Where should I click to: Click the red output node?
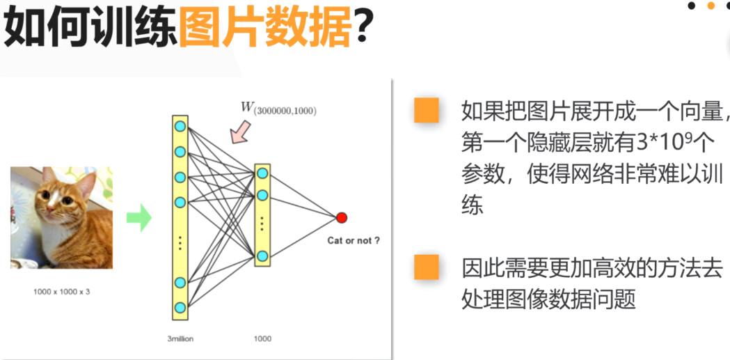click(x=341, y=218)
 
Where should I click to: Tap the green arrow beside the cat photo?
click(x=138, y=217)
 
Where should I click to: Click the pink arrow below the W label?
click(x=241, y=131)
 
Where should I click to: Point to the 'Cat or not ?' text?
click(x=354, y=241)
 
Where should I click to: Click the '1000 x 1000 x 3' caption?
click(x=61, y=291)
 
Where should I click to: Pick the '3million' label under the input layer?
click(x=180, y=339)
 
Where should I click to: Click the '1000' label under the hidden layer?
click(x=262, y=339)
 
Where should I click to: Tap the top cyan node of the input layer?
click(x=180, y=126)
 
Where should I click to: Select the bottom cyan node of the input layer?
click(x=180, y=307)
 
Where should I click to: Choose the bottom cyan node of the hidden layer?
click(x=262, y=256)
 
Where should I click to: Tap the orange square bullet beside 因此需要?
click(x=426, y=267)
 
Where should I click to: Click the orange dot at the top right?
click(x=711, y=6)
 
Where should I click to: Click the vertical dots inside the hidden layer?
click(x=262, y=224)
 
